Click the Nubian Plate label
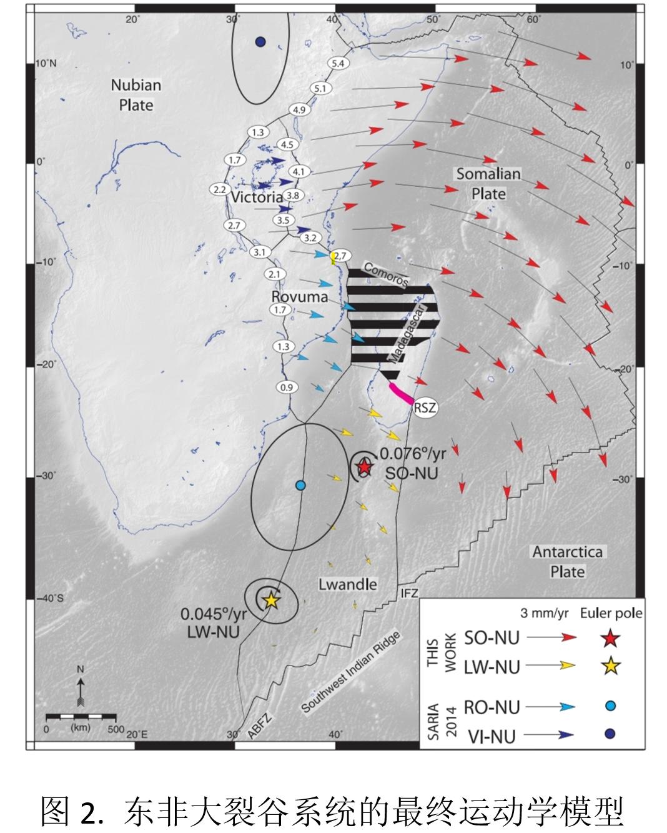(x=136, y=94)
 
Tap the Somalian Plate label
(x=488, y=183)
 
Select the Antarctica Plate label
(x=567, y=561)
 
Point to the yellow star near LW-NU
(x=271, y=600)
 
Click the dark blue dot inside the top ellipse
(x=260, y=42)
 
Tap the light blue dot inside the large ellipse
(x=300, y=485)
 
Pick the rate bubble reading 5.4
(x=338, y=63)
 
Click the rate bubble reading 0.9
(x=286, y=387)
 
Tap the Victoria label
(x=257, y=197)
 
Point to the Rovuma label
(x=300, y=296)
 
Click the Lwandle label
(x=348, y=584)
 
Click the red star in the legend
(x=611, y=638)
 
